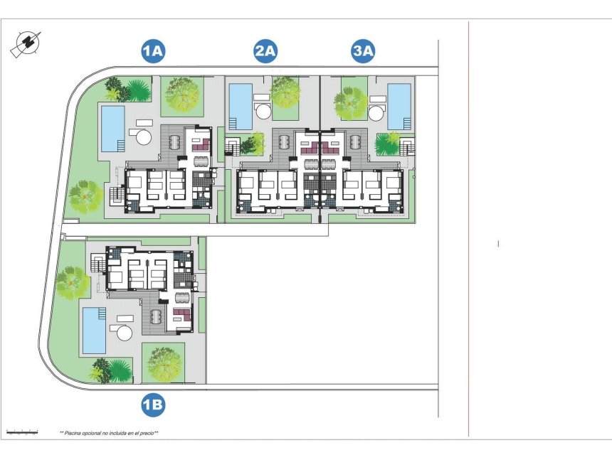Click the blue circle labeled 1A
click(x=153, y=51)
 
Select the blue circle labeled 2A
click(x=265, y=51)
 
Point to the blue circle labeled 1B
click(x=153, y=406)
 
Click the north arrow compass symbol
click(x=26, y=44)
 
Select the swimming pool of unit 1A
click(x=113, y=129)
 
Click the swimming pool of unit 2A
click(x=241, y=107)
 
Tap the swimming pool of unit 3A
click(x=399, y=107)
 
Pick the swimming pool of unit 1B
click(x=94, y=330)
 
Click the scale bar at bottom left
click(x=22, y=431)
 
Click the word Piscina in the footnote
click(x=73, y=432)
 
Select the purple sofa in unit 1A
click(x=200, y=144)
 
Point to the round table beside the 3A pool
click(x=377, y=112)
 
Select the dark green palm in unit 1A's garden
click(x=117, y=90)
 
